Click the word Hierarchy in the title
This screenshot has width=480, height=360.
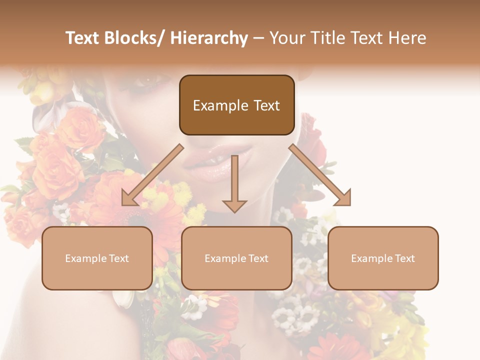pyautogui.click(x=209, y=38)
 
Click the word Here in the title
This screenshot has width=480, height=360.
pyautogui.click(x=406, y=38)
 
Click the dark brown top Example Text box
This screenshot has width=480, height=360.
pyautogui.click(x=236, y=105)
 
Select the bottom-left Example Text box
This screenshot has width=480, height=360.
pyautogui.click(x=97, y=258)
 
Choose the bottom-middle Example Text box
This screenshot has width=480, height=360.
pyautogui.click(x=236, y=258)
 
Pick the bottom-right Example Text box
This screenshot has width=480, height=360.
pyautogui.click(x=383, y=258)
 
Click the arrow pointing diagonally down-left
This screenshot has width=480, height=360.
pyautogui.click(x=152, y=175)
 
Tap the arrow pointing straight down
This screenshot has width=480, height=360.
pyautogui.click(x=234, y=182)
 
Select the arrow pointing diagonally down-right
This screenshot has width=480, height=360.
pyautogui.click(x=320, y=175)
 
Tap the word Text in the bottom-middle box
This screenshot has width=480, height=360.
pyautogui.click(x=257, y=258)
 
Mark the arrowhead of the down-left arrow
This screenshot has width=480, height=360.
pyautogui.click(x=129, y=198)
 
